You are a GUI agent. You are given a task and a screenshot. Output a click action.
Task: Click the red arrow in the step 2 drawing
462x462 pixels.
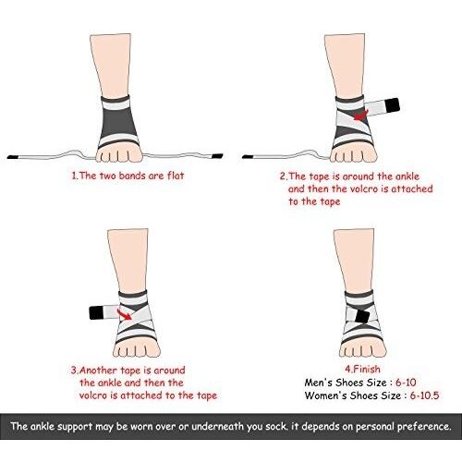(360, 115)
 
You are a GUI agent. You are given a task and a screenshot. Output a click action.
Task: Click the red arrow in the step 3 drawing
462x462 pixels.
(125, 314)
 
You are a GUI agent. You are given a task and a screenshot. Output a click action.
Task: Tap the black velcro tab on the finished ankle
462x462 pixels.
(362, 316)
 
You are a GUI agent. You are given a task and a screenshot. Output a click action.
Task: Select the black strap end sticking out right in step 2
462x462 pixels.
(392, 105)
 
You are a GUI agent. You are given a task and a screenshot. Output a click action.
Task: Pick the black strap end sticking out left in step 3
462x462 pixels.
(96, 313)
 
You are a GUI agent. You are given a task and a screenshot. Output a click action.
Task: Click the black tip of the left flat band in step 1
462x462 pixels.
(13, 157)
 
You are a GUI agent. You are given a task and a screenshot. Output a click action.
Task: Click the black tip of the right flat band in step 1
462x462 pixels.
(217, 156)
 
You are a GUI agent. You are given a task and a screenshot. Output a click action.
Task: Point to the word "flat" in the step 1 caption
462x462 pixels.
(176, 176)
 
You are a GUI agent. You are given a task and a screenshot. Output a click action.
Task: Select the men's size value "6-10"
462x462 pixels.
(406, 383)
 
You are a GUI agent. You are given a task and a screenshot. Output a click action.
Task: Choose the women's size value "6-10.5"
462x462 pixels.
(424, 395)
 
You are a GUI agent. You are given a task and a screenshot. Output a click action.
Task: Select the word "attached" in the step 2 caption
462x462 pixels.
(412, 188)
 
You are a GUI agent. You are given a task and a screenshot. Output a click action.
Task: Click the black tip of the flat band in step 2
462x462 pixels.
(248, 157)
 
